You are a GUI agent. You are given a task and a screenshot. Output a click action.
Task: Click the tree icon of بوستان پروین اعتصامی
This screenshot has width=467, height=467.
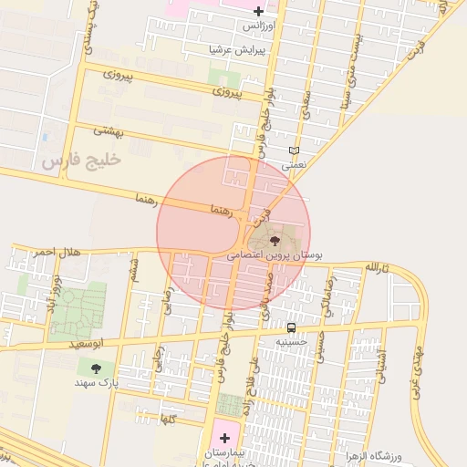coord(275,241)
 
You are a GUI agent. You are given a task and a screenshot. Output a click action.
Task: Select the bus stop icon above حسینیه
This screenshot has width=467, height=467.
coord(291,327)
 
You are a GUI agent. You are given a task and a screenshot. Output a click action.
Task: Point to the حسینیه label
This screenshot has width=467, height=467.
coord(293,342)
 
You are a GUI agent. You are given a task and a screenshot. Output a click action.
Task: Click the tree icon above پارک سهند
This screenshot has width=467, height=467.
coord(96,368)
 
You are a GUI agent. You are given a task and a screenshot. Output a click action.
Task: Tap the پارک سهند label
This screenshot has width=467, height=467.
coord(98,383)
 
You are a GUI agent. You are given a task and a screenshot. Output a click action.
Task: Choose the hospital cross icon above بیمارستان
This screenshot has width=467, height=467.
coord(225,439)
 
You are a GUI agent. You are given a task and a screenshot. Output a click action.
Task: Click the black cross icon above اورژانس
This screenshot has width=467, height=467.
coord(259,12)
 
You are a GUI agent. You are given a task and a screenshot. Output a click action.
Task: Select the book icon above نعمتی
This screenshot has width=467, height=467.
coord(293,150)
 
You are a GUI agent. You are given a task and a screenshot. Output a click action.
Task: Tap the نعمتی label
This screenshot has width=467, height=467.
coord(295,166)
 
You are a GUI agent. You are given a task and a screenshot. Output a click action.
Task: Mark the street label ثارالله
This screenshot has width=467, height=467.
coord(377,267)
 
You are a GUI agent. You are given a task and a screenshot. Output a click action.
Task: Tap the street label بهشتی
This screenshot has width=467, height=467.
coord(119,132)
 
